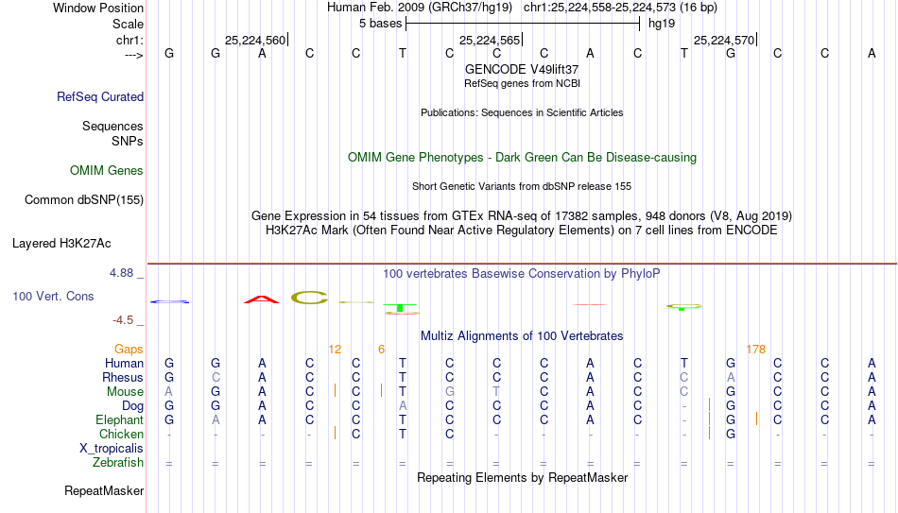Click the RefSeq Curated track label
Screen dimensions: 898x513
(x=100, y=96)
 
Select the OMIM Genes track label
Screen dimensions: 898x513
(x=107, y=171)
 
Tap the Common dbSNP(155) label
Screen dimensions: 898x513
(x=84, y=200)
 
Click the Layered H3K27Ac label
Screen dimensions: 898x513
(x=61, y=244)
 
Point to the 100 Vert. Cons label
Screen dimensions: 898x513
(x=53, y=296)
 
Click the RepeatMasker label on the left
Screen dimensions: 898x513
(x=104, y=490)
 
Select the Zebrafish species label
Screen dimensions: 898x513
(x=118, y=463)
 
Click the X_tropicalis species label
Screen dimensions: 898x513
(x=112, y=449)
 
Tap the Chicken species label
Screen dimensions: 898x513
(x=121, y=434)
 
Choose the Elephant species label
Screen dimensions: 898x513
(x=120, y=419)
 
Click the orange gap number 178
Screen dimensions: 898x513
(x=756, y=350)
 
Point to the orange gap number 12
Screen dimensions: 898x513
(x=335, y=350)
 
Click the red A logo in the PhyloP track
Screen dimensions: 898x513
(x=262, y=299)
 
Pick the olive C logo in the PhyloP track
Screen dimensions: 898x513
(x=309, y=298)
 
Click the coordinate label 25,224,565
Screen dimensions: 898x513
(x=490, y=40)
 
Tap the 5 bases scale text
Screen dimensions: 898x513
(x=381, y=24)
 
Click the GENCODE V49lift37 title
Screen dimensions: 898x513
(x=522, y=69)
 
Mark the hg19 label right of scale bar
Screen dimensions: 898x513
(x=662, y=24)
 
